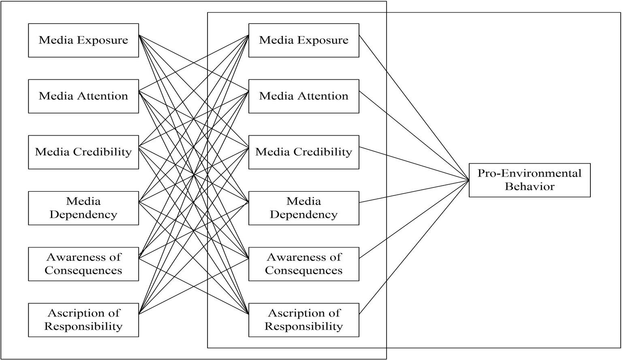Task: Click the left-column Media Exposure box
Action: (x=83, y=40)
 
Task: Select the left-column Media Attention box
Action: (x=83, y=96)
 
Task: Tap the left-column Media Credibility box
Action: (x=83, y=152)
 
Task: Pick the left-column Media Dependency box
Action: (x=83, y=208)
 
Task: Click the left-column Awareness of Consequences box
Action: (x=83, y=264)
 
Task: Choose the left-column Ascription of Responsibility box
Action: (x=83, y=320)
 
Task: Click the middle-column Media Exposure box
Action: (x=304, y=40)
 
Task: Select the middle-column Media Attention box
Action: (x=304, y=96)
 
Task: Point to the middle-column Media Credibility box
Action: (x=304, y=152)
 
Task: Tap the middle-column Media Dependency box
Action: (x=304, y=208)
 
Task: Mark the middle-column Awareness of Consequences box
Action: (x=304, y=264)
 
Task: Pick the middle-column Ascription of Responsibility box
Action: (x=304, y=320)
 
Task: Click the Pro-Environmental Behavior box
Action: (x=529, y=180)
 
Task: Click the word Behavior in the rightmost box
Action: (x=529, y=187)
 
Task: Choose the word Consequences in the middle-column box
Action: (x=304, y=271)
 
